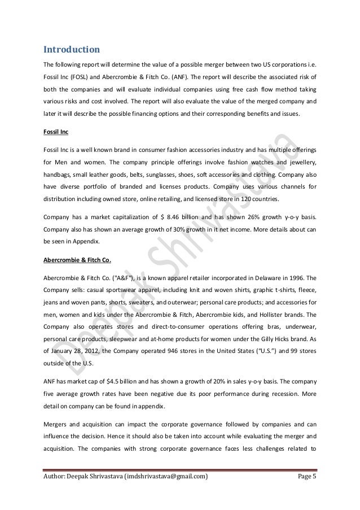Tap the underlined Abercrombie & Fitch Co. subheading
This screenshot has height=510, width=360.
click(77, 260)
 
